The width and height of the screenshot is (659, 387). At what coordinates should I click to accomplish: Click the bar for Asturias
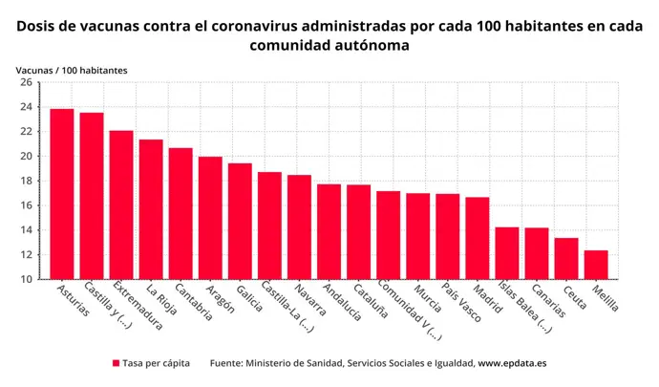tap(62, 194)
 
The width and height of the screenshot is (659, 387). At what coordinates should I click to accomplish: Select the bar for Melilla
tap(596, 265)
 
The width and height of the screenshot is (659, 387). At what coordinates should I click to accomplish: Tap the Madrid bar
tap(478, 238)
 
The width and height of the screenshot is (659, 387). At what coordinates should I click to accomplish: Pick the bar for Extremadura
tap(121, 204)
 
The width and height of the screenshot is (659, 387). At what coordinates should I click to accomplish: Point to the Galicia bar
tap(240, 221)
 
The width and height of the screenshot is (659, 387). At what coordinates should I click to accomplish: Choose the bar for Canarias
tap(537, 253)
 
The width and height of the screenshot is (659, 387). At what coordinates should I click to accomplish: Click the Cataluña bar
tap(358, 231)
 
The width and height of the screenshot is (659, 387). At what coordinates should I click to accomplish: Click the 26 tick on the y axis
tap(28, 82)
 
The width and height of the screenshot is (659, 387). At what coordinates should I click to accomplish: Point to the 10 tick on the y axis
tap(28, 279)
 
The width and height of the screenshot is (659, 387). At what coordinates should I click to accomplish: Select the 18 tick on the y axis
tap(28, 181)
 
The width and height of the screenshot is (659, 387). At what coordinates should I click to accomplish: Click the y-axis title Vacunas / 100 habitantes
tap(72, 70)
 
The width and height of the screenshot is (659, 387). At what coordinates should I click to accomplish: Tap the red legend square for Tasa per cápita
tap(116, 364)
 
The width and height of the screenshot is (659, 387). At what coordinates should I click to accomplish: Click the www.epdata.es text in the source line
tap(512, 364)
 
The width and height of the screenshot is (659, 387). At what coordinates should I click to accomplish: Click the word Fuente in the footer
tap(227, 364)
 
